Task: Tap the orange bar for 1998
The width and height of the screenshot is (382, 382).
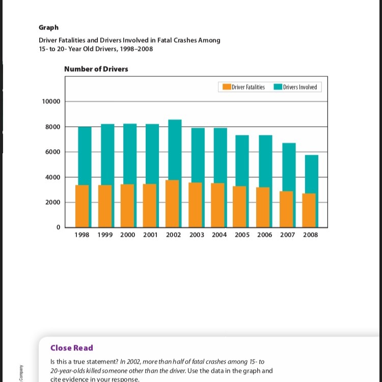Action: (x=81, y=206)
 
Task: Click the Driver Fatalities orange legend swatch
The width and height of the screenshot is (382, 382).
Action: (x=227, y=87)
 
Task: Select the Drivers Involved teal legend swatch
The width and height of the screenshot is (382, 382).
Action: (x=278, y=87)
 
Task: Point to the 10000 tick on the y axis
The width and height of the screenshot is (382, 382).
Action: (x=51, y=101)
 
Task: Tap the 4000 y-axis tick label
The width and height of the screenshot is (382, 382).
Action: (x=52, y=177)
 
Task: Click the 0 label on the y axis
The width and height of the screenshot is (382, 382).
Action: (x=58, y=227)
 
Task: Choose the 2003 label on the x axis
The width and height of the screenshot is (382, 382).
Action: (x=197, y=235)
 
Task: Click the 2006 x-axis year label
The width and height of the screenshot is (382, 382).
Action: (x=265, y=235)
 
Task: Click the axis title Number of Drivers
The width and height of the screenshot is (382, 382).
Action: (x=96, y=69)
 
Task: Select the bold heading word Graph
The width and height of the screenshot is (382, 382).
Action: (x=49, y=28)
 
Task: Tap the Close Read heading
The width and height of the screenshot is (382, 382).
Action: (x=71, y=348)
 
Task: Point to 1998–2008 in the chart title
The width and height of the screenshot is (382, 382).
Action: (x=135, y=49)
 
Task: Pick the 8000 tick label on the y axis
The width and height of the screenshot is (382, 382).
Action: (x=52, y=127)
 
